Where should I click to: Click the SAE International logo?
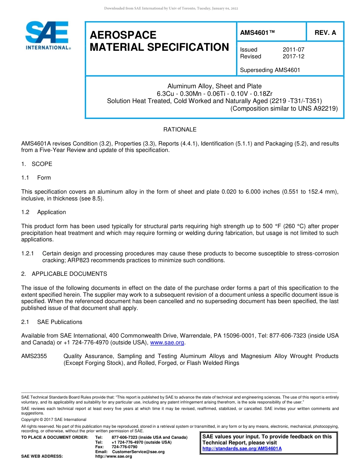tap(48, 35)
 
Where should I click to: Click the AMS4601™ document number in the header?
tap(257, 33)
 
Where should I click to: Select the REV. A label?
tap(325, 33)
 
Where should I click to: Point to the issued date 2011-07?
tap(293, 50)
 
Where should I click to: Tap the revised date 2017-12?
tap(293, 56)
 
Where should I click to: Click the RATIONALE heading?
tap(180, 130)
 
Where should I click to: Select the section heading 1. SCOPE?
tap(37, 164)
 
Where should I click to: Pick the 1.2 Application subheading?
tap(44, 212)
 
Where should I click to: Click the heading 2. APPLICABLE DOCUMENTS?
tap(64, 274)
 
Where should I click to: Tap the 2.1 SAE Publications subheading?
tap(52, 322)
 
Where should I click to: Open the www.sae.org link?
tap(167, 342)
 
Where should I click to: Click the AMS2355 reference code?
tap(34, 356)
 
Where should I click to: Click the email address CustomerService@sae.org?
tap(136, 452)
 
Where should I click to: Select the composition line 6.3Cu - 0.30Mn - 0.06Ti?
tap(214, 94)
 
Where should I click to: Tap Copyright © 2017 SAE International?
tap(54, 419)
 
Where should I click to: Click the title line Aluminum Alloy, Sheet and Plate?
tap(214, 86)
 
